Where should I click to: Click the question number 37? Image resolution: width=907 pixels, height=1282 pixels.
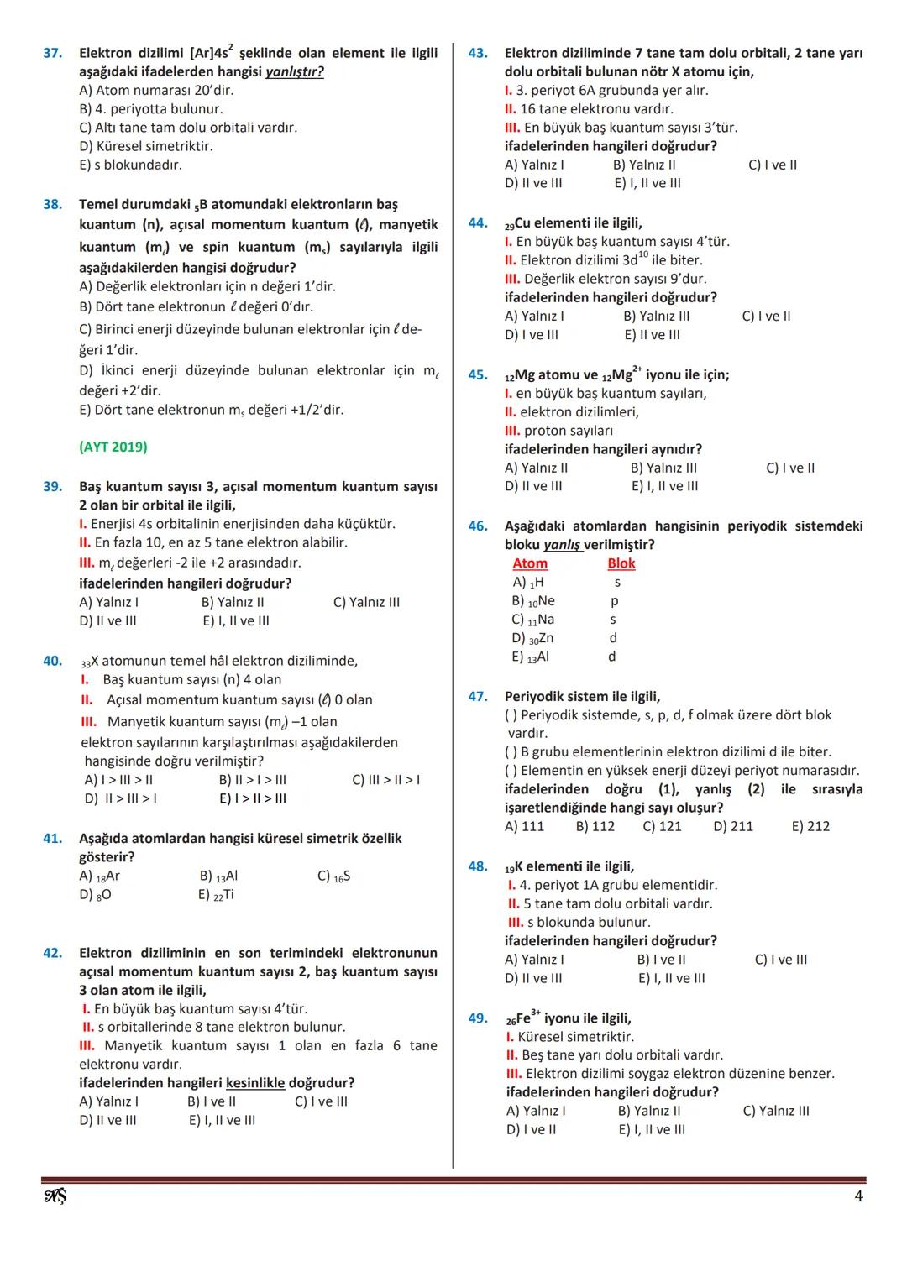pyautogui.click(x=52, y=53)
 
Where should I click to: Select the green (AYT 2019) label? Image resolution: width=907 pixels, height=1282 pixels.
pyautogui.click(x=113, y=447)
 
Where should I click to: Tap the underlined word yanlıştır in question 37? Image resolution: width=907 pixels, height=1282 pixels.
pyautogui.click(x=294, y=72)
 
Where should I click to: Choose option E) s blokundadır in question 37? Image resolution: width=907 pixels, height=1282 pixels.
pyautogui.click(x=130, y=165)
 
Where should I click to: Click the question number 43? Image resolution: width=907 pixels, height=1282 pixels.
pyautogui.click(x=477, y=53)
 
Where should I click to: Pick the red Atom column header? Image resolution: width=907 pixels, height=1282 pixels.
pyautogui.click(x=530, y=563)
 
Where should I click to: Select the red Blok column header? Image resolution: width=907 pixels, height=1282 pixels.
pyautogui.click(x=621, y=563)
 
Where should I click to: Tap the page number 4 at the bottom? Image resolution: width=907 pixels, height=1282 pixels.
pyautogui.click(x=858, y=1196)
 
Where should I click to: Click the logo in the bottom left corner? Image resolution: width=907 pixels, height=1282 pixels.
pyautogui.click(x=55, y=1196)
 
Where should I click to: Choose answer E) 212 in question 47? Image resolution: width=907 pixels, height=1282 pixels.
pyautogui.click(x=810, y=826)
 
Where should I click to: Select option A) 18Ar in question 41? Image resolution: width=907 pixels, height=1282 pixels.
pyautogui.click(x=100, y=876)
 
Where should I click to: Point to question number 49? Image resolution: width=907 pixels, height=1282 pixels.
pyautogui.click(x=477, y=1018)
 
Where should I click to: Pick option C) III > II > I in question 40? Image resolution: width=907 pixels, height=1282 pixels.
pyautogui.click(x=385, y=780)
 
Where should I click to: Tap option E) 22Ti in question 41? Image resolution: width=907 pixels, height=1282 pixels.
pyautogui.click(x=217, y=895)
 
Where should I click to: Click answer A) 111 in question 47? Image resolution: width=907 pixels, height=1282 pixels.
pyautogui.click(x=524, y=826)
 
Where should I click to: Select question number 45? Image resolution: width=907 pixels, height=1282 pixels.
pyautogui.click(x=477, y=375)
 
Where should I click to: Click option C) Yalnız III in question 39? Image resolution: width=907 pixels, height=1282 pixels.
pyautogui.click(x=366, y=602)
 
